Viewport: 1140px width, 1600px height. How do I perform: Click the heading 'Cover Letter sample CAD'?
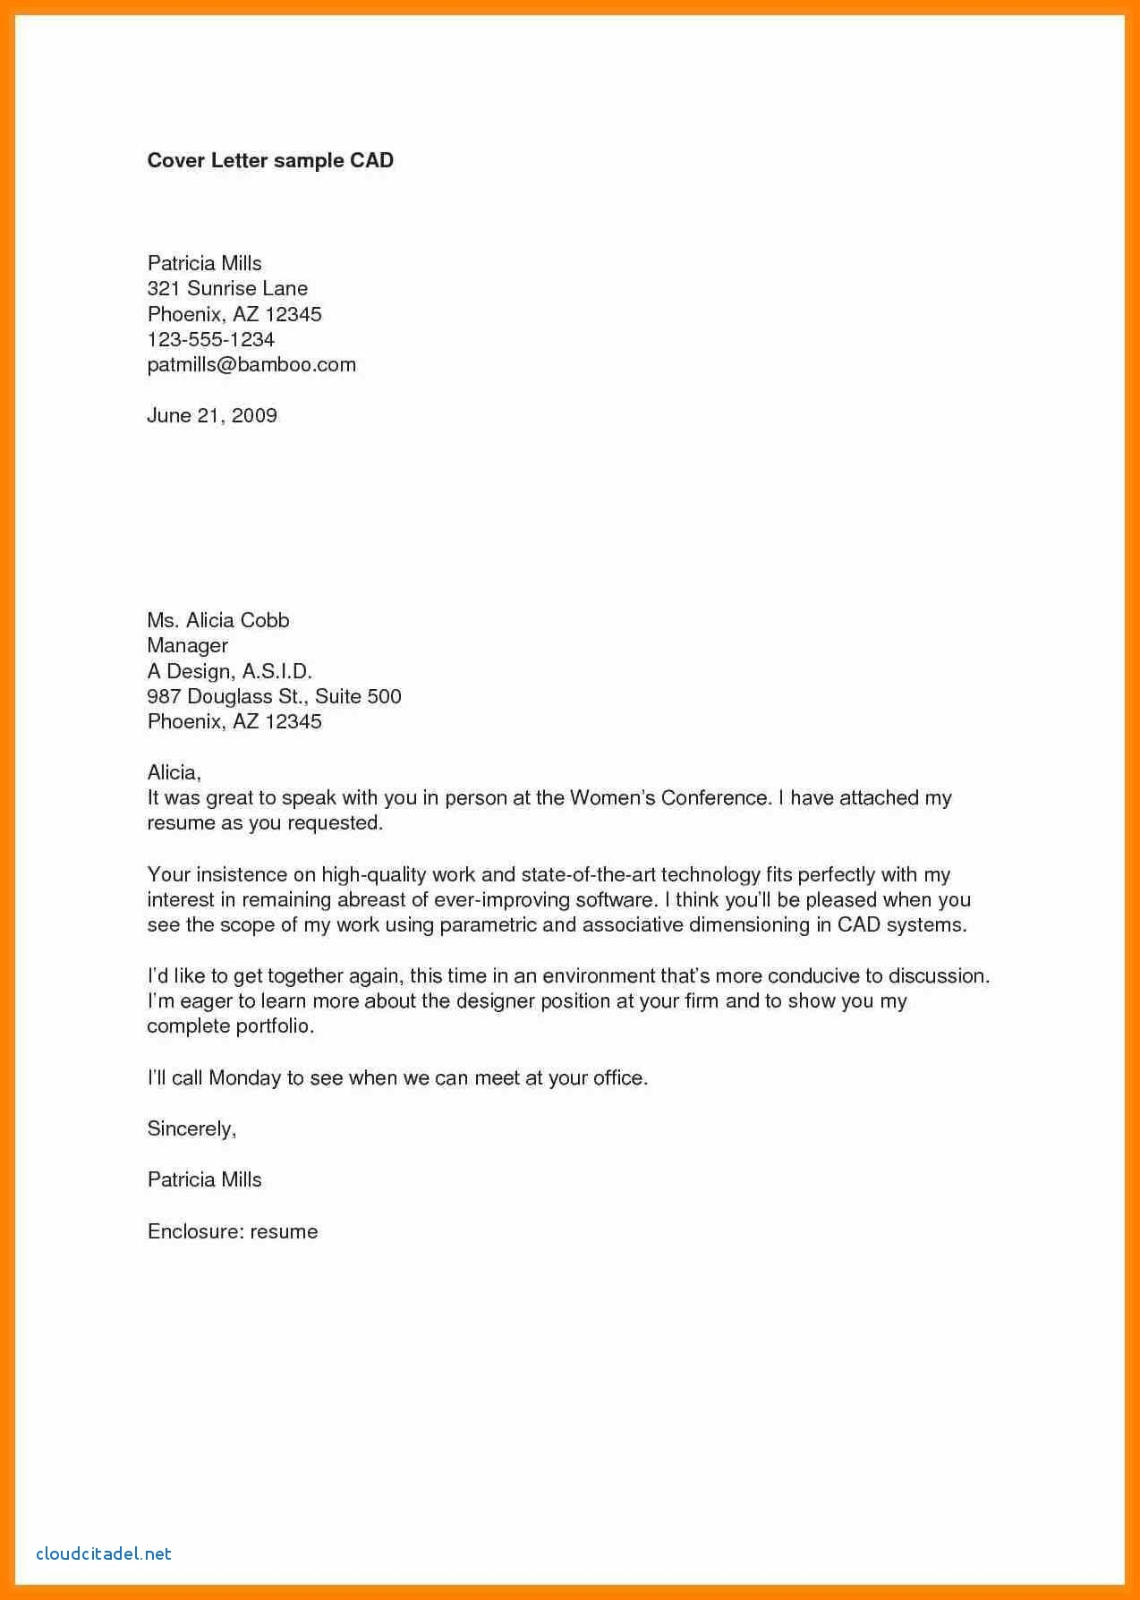click(x=270, y=160)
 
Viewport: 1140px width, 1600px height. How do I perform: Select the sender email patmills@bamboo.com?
click(x=251, y=364)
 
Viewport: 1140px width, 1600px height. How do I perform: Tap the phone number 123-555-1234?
click(x=210, y=339)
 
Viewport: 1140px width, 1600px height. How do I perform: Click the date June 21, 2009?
click(x=212, y=415)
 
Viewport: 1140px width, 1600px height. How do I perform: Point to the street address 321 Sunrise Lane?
click(x=227, y=288)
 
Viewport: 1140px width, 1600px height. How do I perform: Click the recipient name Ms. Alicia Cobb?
click(x=218, y=620)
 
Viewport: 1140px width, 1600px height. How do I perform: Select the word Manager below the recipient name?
click(x=187, y=645)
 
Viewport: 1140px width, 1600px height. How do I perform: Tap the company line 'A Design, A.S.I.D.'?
click(x=229, y=670)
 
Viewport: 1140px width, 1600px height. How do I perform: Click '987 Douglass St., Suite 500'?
click(x=274, y=696)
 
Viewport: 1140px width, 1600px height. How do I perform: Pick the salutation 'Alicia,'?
click(x=174, y=772)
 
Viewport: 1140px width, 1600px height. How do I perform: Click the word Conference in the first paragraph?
click(x=715, y=797)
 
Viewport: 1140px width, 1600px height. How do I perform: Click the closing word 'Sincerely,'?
click(x=191, y=1128)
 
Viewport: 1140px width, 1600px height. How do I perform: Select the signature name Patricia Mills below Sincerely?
click(x=204, y=1179)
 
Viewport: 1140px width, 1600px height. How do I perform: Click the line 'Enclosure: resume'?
click(x=233, y=1231)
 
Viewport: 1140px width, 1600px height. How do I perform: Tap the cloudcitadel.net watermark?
click(x=104, y=1553)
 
